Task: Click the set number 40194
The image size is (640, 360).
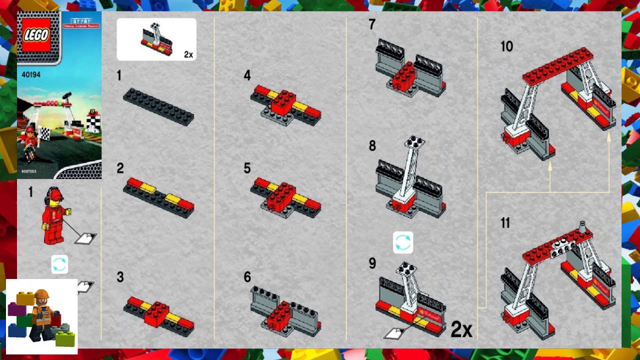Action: [31, 74]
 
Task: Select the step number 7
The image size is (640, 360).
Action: [371, 24]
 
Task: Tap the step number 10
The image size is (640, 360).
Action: [506, 46]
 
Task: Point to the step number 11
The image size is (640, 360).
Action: [505, 223]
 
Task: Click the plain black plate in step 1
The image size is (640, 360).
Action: [158, 106]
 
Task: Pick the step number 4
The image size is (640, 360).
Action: [247, 75]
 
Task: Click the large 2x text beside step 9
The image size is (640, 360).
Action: [461, 329]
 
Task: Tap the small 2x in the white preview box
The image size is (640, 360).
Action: [188, 54]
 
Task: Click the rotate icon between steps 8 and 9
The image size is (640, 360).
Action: [403, 242]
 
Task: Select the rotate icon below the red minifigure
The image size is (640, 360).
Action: [59, 264]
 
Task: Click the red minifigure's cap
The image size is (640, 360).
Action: [55, 192]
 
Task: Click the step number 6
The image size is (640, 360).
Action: [247, 277]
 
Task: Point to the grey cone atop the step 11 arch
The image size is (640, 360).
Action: [582, 227]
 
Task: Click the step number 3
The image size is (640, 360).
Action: [120, 277]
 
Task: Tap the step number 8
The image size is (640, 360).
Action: [372, 145]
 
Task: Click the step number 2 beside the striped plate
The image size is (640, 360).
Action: [120, 168]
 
